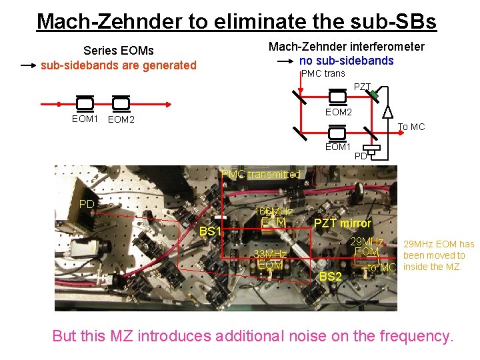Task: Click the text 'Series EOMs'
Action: (118, 51)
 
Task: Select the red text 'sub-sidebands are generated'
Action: (119, 65)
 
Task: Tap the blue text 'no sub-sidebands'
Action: (347, 61)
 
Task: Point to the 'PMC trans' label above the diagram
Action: (323, 73)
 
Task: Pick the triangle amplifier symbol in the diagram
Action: (387, 111)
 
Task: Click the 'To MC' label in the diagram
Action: (411, 127)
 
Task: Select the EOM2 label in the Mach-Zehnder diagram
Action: (338, 112)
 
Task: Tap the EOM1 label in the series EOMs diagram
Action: (85, 119)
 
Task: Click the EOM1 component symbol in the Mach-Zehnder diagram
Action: (337, 132)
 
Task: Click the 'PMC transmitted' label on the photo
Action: (261, 174)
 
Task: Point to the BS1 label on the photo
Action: (210, 231)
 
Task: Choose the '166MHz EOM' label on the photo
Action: (273, 217)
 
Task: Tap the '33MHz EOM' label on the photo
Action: (271, 259)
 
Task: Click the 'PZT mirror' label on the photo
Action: (343, 223)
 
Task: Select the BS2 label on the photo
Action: (331, 276)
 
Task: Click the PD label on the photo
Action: (87, 203)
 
